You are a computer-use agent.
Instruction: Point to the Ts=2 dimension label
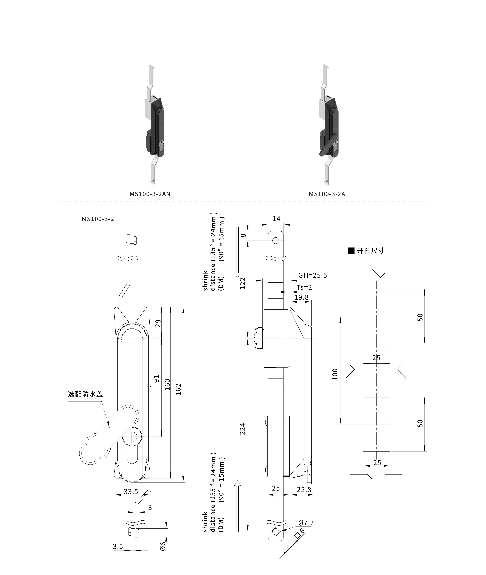coord(304,288)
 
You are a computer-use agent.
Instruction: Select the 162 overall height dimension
coord(178,389)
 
